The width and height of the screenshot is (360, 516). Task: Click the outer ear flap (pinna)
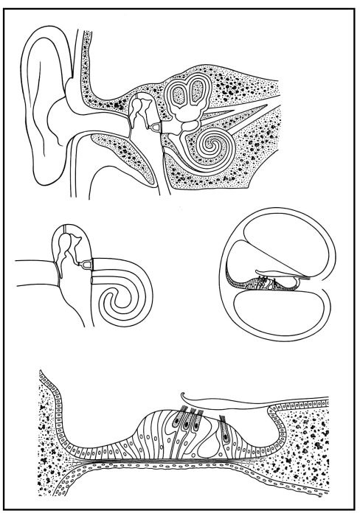click(x=41, y=111)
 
